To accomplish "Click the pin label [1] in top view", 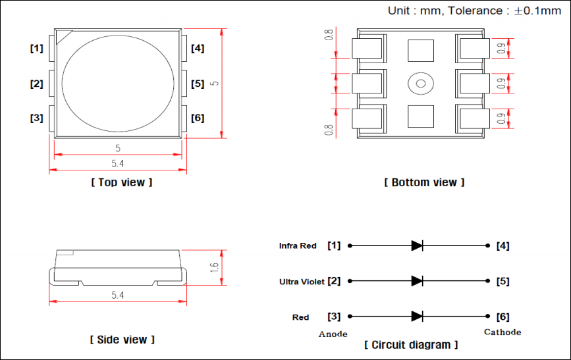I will (36, 49).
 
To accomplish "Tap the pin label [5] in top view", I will (198, 84).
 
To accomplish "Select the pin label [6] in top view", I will (198, 118).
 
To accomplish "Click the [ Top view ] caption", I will (121, 182).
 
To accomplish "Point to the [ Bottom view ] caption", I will (424, 182).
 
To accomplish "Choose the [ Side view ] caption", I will (122, 340).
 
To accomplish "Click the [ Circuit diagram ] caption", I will (411, 345).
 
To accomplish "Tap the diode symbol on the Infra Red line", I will (417, 245).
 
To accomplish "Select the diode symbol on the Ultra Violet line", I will (417, 281).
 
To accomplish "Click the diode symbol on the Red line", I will (417, 317).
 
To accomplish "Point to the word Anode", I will (333, 334).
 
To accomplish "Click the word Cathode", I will (503, 332).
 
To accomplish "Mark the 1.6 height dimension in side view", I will (214, 267).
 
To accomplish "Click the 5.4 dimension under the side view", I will (118, 296).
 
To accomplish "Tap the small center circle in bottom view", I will (419, 83).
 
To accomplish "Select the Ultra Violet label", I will (302, 282).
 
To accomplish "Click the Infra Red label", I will (298, 246).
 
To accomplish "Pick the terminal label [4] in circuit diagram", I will (503, 246).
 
